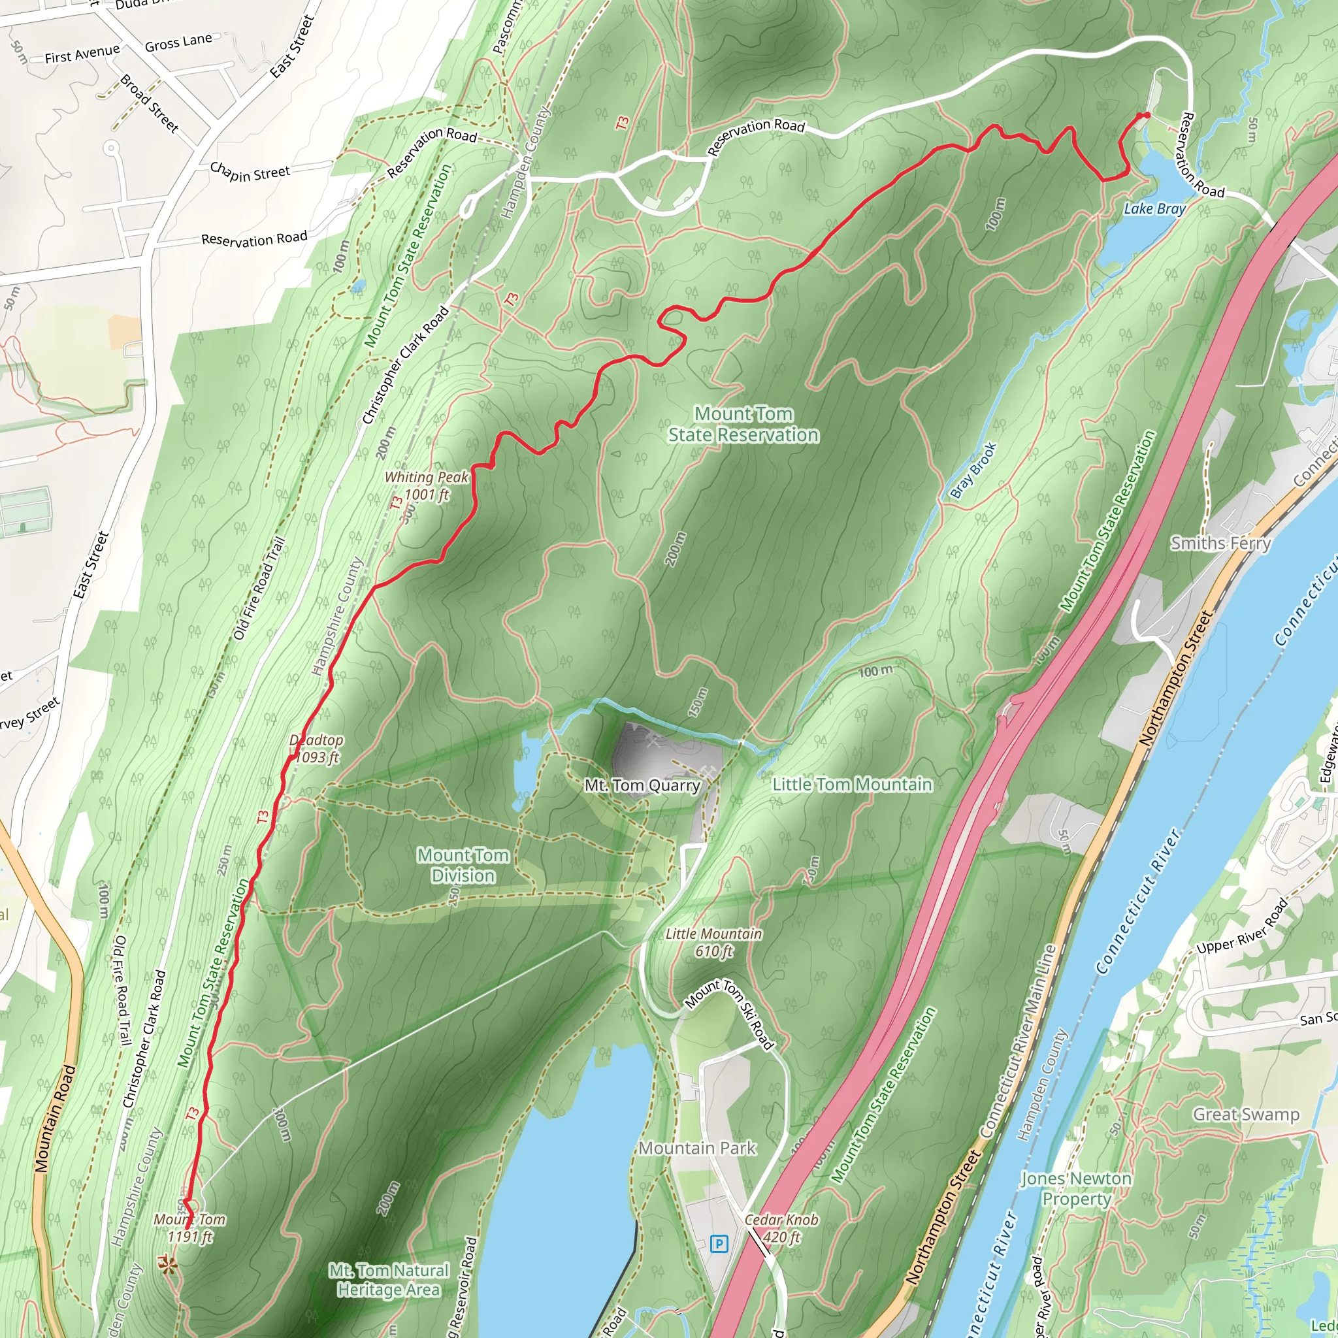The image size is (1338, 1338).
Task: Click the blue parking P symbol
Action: point(719,1245)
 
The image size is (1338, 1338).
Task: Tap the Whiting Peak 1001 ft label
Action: point(427,485)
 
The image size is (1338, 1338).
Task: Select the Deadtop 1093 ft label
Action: point(316,749)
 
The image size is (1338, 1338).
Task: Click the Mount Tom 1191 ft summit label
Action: point(189,1228)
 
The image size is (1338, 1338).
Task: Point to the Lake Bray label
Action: point(1154,208)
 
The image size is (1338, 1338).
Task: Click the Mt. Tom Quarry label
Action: point(643,785)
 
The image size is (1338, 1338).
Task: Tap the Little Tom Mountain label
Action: point(852,784)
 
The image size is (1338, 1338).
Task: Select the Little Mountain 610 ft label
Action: point(713,943)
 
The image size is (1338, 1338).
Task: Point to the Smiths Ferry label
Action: point(1220,543)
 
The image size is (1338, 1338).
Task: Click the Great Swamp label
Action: point(1245,1114)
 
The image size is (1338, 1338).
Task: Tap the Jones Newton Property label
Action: point(1075,1188)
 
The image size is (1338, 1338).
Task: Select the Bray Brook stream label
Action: point(972,470)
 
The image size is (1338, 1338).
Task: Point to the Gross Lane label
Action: point(178,43)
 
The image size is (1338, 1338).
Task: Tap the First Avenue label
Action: point(82,54)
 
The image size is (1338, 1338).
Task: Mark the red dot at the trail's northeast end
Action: point(1146,115)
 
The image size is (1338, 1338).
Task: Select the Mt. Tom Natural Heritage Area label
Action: point(389,1280)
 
